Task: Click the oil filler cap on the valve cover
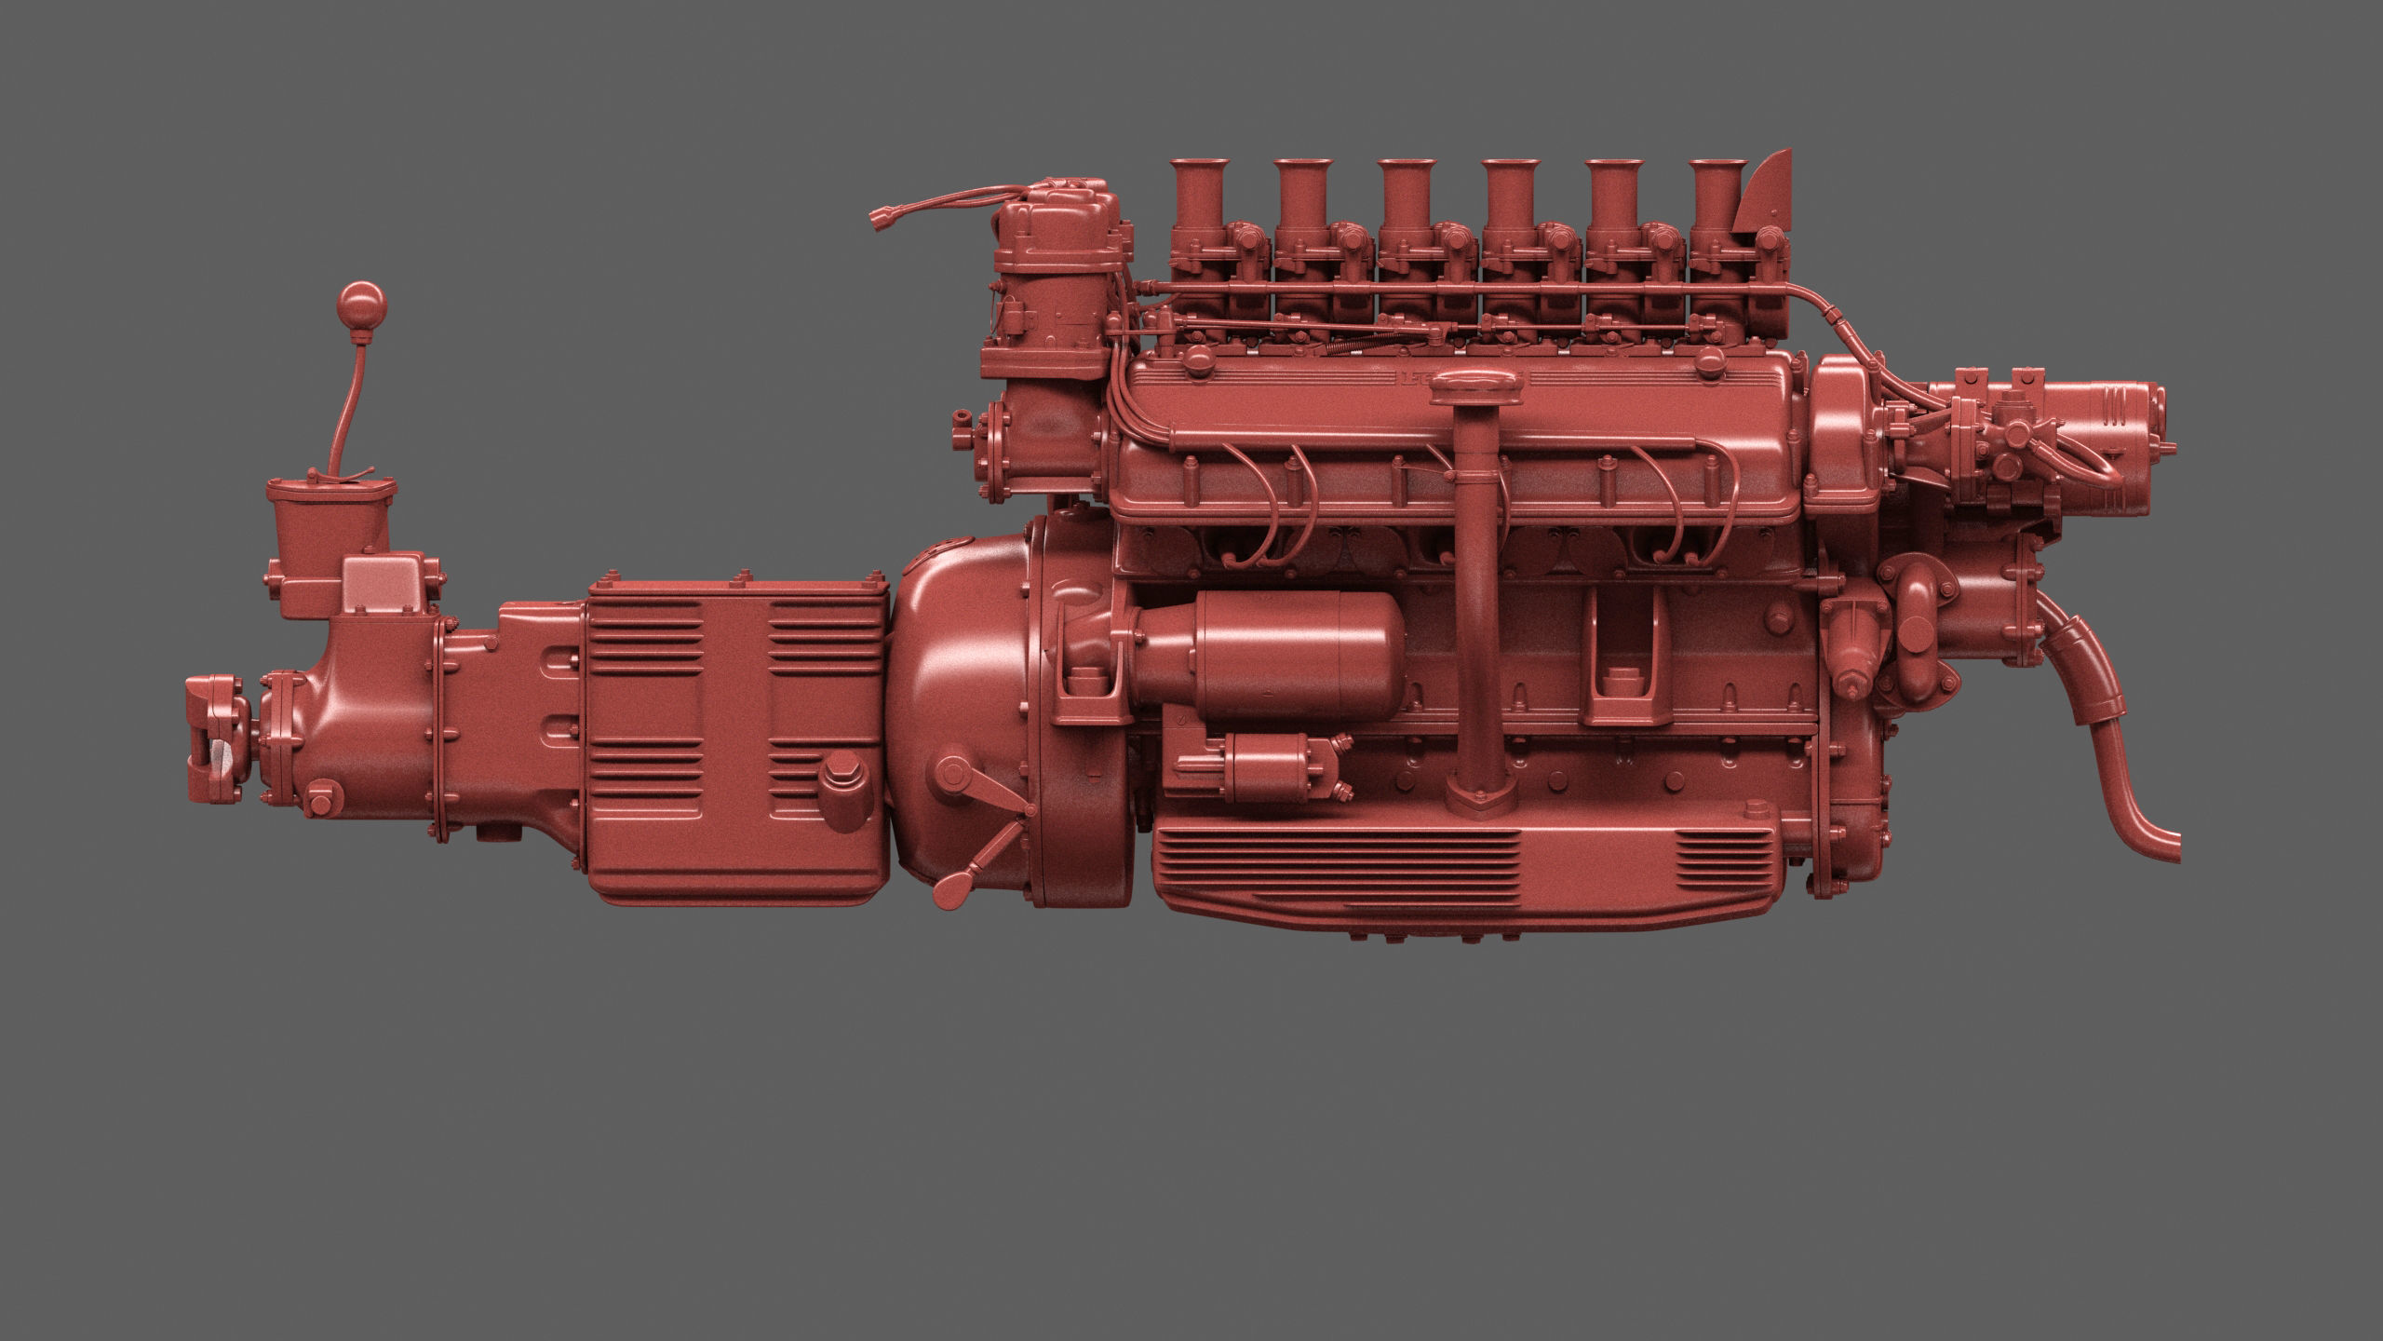[x=1478, y=386]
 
